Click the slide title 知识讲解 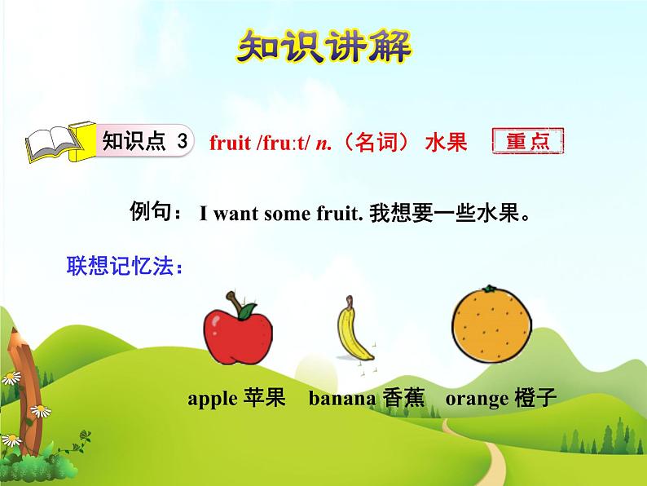click(x=324, y=48)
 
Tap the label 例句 click(x=156, y=214)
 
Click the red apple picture click(x=239, y=334)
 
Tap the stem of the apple click(x=237, y=298)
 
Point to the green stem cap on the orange click(x=488, y=289)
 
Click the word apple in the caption click(x=213, y=399)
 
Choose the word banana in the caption click(x=341, y=399)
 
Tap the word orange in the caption click(x=477, y=399)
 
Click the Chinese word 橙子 click(x=535, y=399)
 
